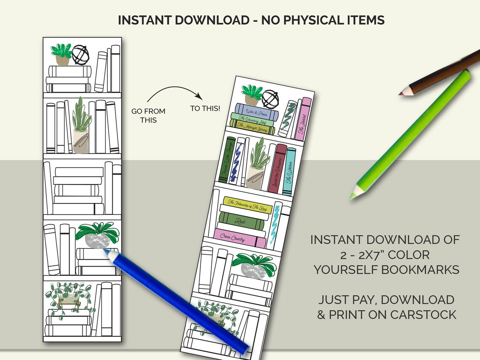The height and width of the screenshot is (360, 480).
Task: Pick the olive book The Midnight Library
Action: point(252,128)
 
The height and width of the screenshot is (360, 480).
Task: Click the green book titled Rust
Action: point(242,220)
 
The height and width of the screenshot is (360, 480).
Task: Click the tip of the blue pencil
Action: point(104,251)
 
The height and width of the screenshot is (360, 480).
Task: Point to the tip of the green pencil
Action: point(352,196)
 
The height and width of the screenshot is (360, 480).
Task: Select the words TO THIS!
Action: point(205,109)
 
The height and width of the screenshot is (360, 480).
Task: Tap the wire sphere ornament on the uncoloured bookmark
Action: point(80,55)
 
